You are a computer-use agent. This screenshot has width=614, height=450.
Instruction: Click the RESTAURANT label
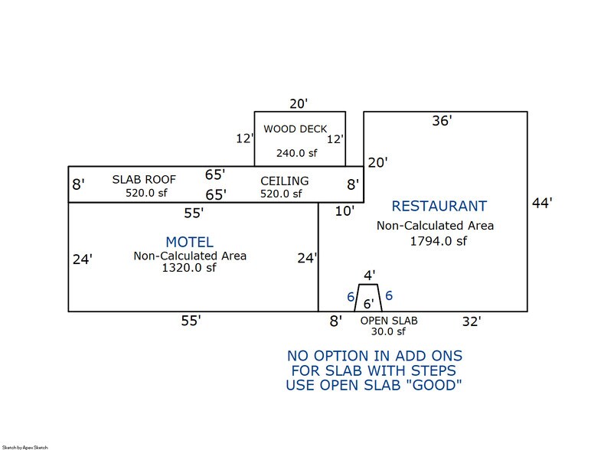click(439, 206)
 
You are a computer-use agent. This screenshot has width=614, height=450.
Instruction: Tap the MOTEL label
click(189, 242)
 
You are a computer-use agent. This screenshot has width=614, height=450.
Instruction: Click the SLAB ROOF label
click(145, 179)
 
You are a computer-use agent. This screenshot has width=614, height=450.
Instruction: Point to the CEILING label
click(284, 181)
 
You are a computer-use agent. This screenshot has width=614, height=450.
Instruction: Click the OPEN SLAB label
click(389, 320)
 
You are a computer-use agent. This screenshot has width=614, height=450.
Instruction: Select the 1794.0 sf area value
click(435, 241)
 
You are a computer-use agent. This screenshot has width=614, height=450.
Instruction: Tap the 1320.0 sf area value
click(189, 268)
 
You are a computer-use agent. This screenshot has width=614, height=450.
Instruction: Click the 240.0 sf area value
click(296, 153)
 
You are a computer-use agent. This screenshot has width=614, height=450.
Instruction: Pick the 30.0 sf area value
click(389, 333)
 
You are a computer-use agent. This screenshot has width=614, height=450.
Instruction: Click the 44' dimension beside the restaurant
click(541, 203)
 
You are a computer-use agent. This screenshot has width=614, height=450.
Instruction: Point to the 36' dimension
click(442, 120)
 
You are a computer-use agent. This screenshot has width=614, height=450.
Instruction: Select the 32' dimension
click(470, 321)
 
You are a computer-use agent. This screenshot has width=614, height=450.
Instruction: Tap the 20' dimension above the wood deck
click(297, 103)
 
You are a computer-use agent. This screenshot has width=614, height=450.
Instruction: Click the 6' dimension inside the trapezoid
click(369, 303)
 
